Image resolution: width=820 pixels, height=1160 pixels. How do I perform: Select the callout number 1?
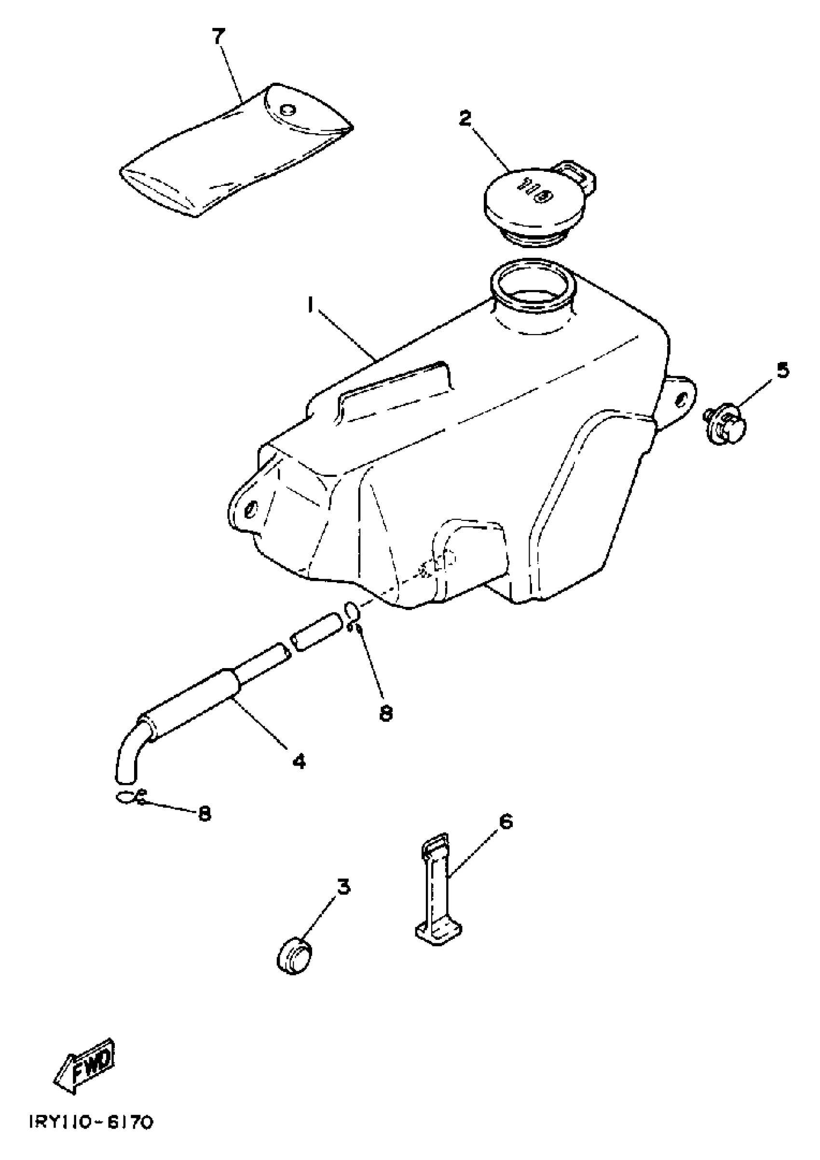pyautogui.click(x=312, y=304)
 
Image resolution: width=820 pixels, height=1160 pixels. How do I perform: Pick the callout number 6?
pyautogui.click(x=506, y=822)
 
